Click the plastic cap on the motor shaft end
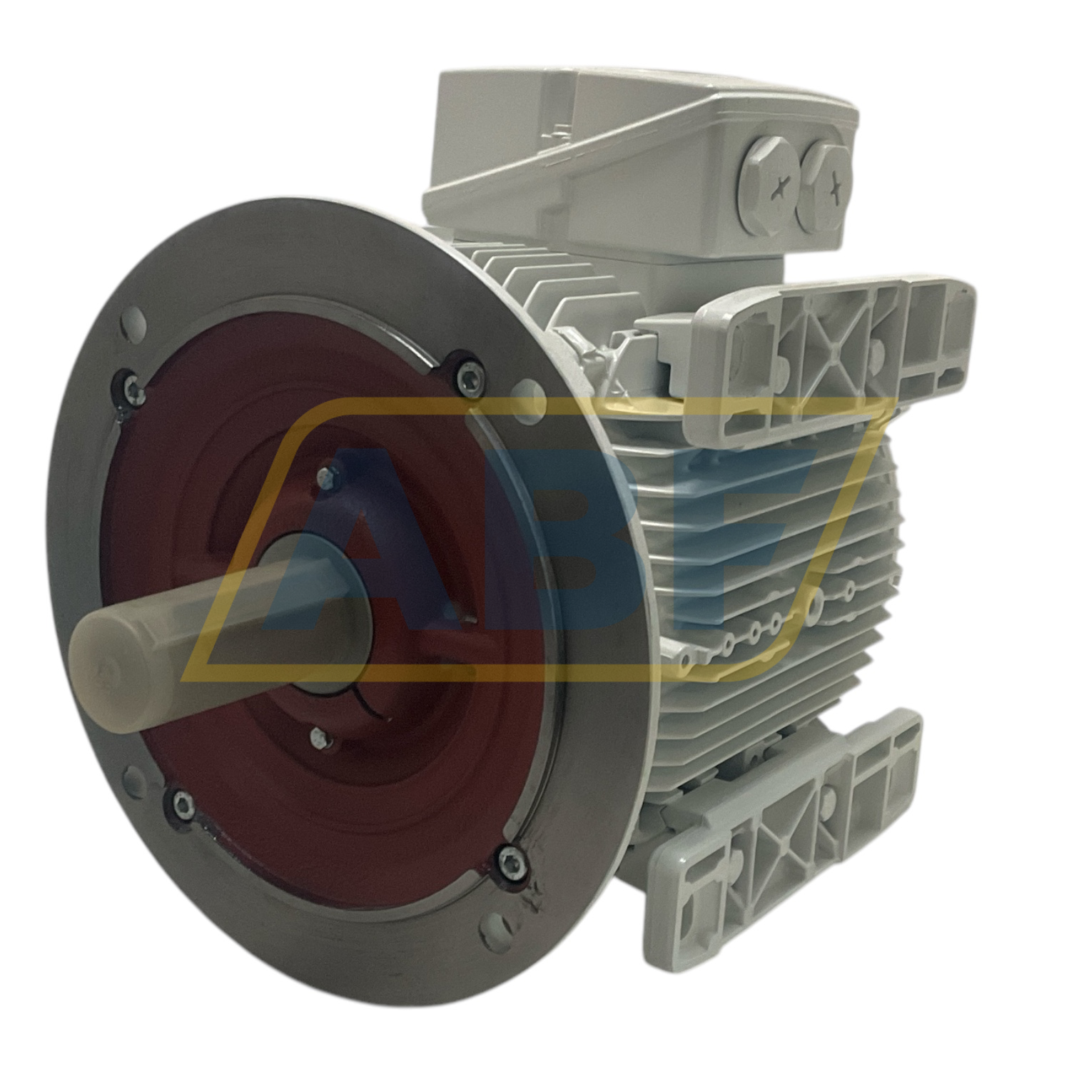(107, 646)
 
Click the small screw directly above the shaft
(329, 472)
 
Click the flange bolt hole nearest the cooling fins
(520, 389)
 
